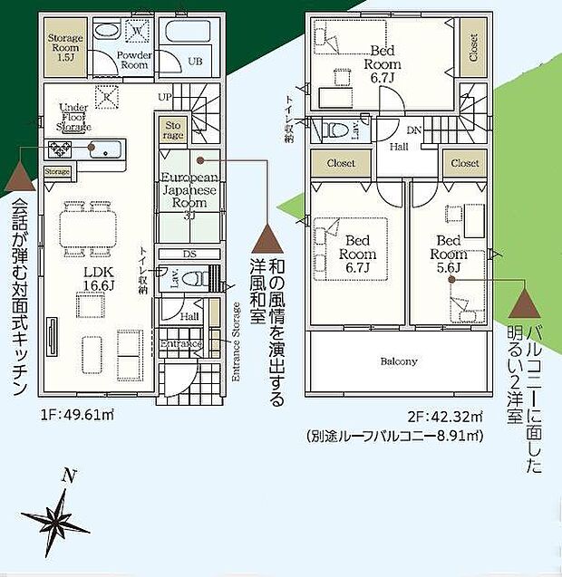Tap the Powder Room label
pos(134,60)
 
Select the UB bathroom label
pos(194,62)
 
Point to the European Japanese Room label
pos(189,191)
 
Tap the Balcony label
pos(398,361)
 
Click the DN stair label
pos(413,130)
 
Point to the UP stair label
pos(165,96)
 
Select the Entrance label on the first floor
pos(183,344)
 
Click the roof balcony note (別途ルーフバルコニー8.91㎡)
pos(393,436)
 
